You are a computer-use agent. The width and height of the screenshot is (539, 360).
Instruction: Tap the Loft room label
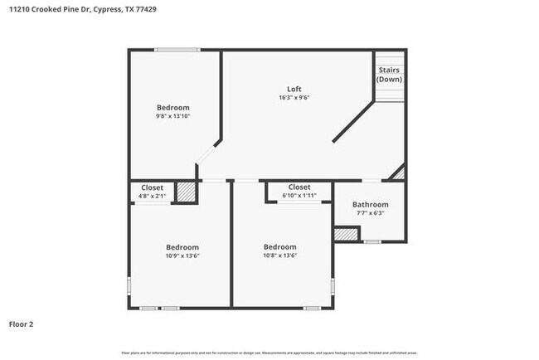coord(294,89)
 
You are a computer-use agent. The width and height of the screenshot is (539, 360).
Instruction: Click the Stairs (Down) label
coord(390,75)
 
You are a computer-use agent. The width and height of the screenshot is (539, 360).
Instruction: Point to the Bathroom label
coord(370,204)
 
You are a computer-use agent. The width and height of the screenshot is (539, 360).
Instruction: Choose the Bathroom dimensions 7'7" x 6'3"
coord(370,213)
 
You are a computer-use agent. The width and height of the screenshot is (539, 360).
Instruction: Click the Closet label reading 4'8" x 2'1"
coord(152,187)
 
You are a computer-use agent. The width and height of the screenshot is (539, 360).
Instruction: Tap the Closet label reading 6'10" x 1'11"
coord(299,187)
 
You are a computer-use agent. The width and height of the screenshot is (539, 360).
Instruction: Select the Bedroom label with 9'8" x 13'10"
coord(173,108)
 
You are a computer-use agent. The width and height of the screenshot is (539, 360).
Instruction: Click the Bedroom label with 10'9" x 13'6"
coord(182,247)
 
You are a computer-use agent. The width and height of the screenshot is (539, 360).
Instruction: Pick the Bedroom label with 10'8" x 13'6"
coord(279,247)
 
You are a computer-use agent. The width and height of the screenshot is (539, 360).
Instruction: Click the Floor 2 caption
coord(22,324)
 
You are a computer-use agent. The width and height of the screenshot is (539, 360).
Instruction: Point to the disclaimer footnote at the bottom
coord(269,353)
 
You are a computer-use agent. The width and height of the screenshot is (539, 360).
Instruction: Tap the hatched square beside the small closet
coord(188,192)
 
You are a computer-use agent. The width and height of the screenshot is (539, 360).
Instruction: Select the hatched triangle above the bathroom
coord(400,173)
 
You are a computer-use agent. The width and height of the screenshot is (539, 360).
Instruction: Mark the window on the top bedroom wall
coord(177,51)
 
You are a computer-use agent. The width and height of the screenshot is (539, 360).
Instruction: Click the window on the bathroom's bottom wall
coord(372,242)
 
